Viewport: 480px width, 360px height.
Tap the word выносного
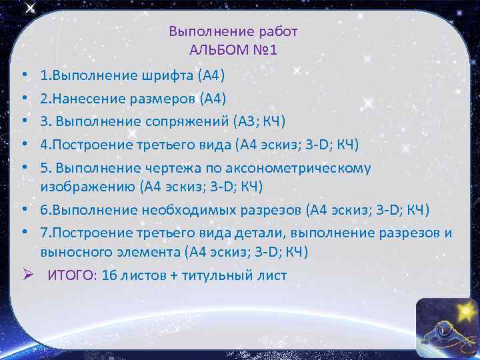pyautogui.click(x=67, y=252)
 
